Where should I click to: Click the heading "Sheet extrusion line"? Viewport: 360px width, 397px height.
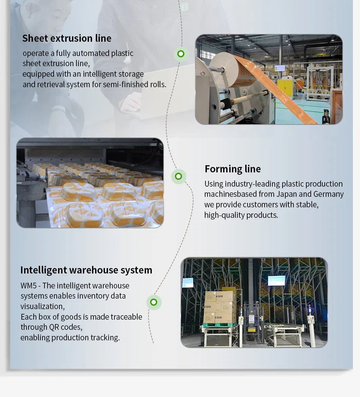point(67,38)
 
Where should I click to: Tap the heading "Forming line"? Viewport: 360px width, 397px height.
point(233,169)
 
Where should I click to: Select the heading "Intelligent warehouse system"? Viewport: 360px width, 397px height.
point(86,270)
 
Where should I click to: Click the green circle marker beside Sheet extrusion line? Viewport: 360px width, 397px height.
point(181,54)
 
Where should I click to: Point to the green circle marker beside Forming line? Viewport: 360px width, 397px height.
point(179,176)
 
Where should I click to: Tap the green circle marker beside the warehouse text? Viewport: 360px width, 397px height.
point(154,302)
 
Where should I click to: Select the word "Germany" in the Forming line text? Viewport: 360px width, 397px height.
point(328,194)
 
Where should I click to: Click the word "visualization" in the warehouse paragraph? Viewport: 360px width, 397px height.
point(42,306)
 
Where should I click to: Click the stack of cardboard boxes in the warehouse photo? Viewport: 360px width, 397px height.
point(220,306)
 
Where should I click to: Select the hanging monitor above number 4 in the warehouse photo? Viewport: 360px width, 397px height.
point(276,280)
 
